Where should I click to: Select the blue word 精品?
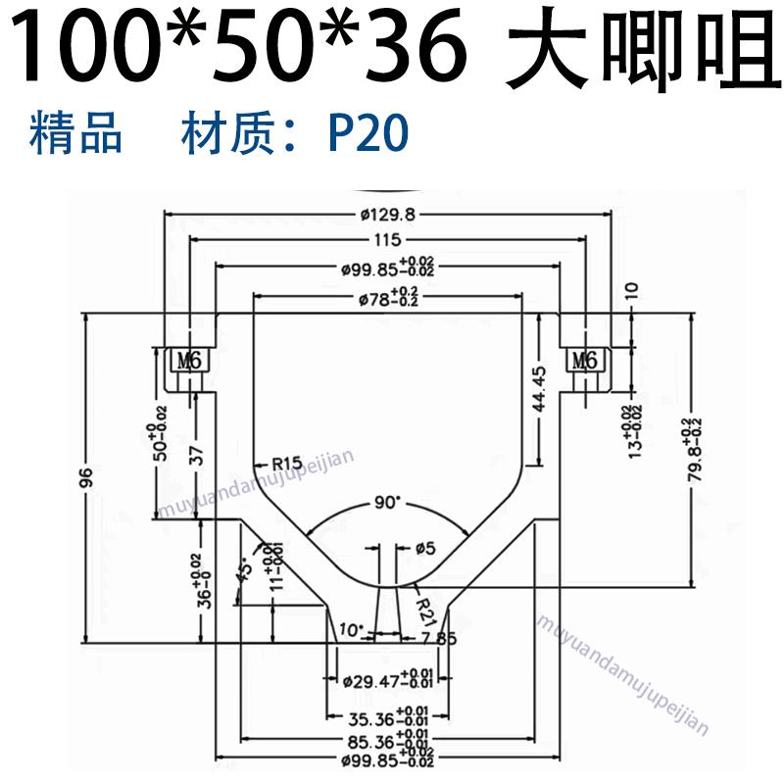coord(76,134)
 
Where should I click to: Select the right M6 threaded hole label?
coord(585,361)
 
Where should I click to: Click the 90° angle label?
coord(388,502)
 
